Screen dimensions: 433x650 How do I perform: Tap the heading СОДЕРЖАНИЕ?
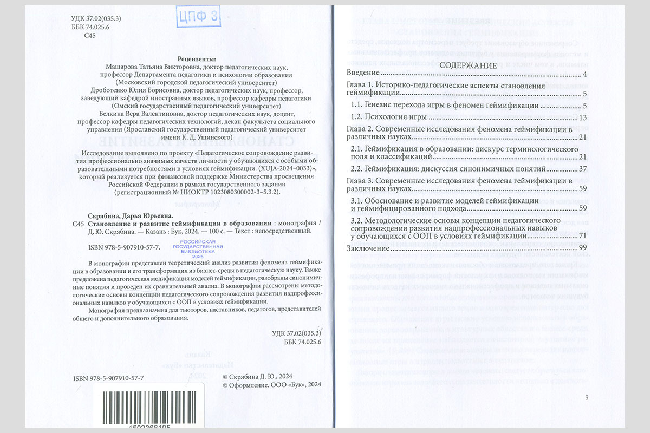coord(468,65)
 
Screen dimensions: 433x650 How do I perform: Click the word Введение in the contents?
coord(362,74)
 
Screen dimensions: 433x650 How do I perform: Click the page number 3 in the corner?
coord(587,398)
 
